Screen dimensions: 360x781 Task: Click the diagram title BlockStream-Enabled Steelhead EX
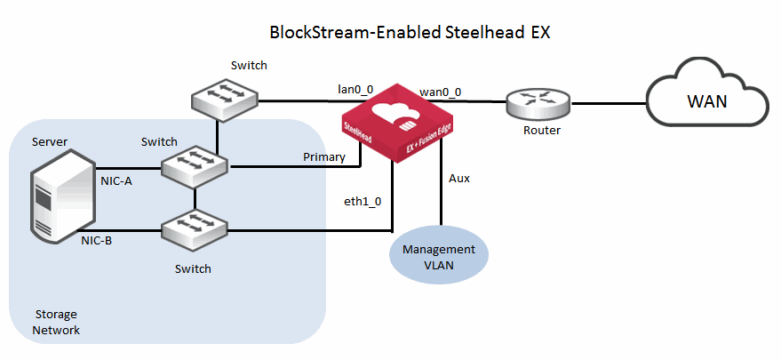tap(410, 33)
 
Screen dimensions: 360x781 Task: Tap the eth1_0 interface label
tap(363, 201)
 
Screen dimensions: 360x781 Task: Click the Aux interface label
tap(459, 178)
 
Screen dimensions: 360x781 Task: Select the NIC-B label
tap(96, 239)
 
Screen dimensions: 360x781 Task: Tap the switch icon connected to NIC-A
tap(194, 166)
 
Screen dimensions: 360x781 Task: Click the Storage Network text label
tap(57, 322)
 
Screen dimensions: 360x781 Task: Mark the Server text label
tap(49, 141)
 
